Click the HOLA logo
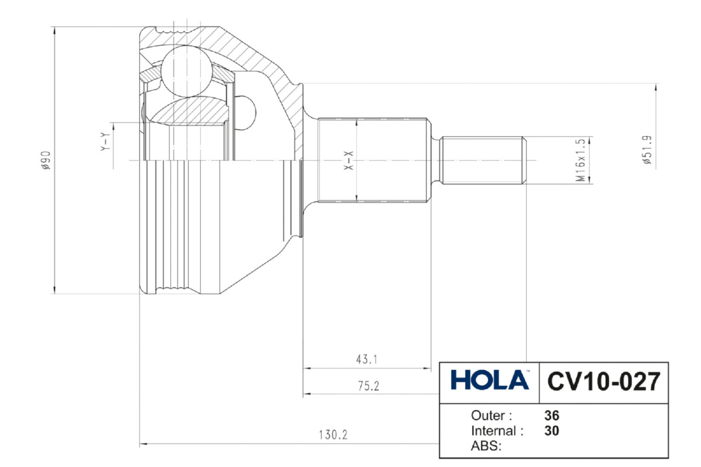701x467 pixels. pyautogui.click(x=490, y=381)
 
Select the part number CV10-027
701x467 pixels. pyautogui.click(x=603, y=382)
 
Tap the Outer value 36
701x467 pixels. pyautogui.click(x=551, y=416)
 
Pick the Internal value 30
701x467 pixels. pyautogui.click(x=551, y=431)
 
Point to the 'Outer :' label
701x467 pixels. pyautogui.click(x=491, y=416)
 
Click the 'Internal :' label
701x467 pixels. pyautogui.click(x=497, y=431)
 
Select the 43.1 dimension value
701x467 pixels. pyautogui.click(x=366, y=360)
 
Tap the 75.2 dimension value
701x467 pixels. pyautogui.click(x=368, y=385)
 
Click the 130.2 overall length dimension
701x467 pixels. pyautogui.click(x=333, y=435)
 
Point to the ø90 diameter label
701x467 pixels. pyautogui.click(x=46, y=159)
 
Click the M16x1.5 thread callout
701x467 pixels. pyautogui.click(x=580, y=160)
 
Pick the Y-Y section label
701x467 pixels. pyautogui.click(x=103, y=142)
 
